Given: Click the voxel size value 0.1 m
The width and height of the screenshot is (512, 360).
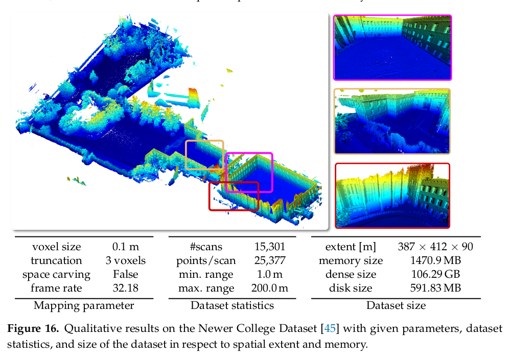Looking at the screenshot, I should (x=126, y=247).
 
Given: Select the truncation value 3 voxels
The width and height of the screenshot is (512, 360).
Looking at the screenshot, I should (x=126, y=260).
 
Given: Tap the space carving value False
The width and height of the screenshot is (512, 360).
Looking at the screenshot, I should (x=126, y=274).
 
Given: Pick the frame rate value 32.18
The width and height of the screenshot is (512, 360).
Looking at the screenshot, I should (x=126, y=288).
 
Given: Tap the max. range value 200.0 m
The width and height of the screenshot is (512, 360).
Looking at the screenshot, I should (x=269, y=288).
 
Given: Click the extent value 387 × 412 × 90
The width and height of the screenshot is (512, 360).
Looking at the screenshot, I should (x=435, y=247).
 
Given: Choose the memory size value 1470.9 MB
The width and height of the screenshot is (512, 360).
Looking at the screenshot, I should (x=435, y=260).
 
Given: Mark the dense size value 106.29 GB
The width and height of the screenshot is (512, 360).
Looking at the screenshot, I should (x=435, y=274).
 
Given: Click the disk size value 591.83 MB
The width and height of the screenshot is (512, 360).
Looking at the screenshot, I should (x=435, y=288).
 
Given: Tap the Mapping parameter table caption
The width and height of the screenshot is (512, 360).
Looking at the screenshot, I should (x=84, y=306).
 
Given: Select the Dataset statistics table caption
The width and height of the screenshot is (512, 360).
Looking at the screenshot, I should (x=232, y=306).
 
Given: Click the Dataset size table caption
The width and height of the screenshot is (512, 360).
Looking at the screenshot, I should (x=396, y=306).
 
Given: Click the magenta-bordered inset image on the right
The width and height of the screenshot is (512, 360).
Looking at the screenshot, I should (x=392, y=47).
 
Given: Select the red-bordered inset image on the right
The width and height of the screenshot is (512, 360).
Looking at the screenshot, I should (x=392, y=196).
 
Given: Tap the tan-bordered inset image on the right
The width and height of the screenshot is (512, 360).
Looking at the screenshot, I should (x=392, y=121).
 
